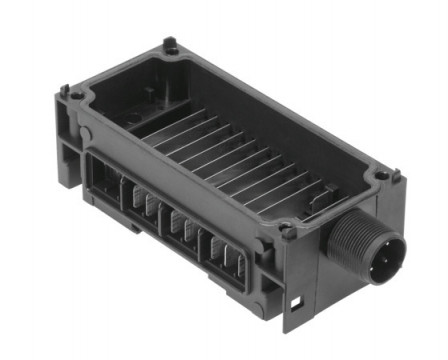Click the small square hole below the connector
coord(297,301)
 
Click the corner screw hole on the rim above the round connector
coord(381,178)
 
